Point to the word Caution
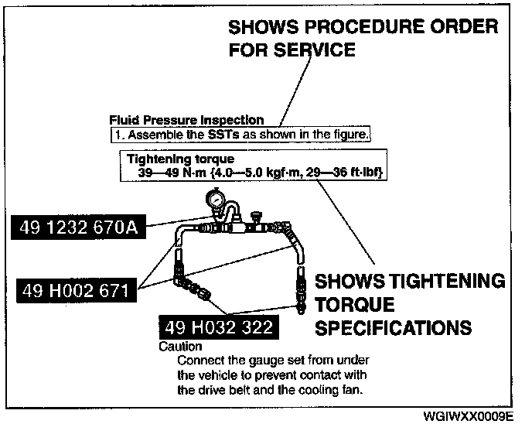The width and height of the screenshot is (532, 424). tap(180, 347)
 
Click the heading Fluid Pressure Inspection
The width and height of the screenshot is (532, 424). tap(186, 121)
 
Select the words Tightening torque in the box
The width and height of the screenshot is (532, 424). tap(169, 159)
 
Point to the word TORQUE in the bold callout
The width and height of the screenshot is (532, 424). tap(355, 303)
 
